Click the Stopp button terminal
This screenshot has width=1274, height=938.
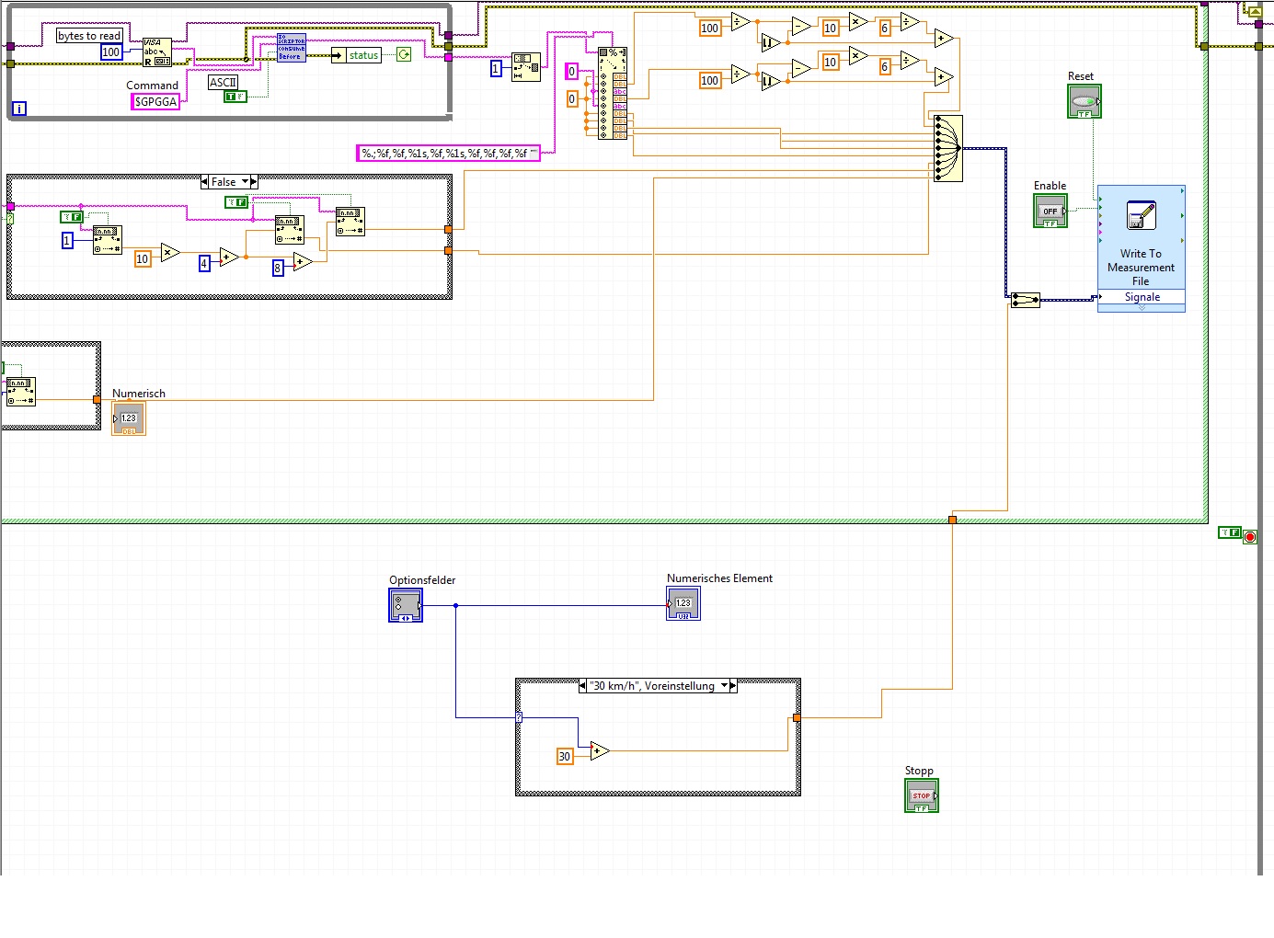coord(922,795)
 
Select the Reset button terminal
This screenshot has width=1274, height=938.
coord(1085,101)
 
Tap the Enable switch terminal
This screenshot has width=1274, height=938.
coord(1050,211)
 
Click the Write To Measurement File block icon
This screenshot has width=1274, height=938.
coord(1141,216)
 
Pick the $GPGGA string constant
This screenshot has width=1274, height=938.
coord(155,102)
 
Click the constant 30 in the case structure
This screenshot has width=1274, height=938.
coord(565,757)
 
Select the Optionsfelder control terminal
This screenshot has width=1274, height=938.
coord(406,605)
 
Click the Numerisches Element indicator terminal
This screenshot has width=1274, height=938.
coord(683,603)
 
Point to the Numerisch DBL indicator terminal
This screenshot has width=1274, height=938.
coord(129,419)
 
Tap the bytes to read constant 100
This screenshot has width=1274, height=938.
coord(111,52)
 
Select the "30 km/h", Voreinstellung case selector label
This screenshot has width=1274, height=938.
coord(653,686)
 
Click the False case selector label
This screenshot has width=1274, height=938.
coord(224,182)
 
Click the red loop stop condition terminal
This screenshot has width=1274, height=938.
coord(1250,536)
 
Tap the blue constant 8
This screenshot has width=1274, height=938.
coord(278,269)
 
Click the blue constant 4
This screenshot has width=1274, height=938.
coord(204,264)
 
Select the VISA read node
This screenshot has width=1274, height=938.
coord(156,51)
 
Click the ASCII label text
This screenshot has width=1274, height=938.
coord(223,83)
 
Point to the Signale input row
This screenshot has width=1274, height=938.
coord(1141,297)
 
